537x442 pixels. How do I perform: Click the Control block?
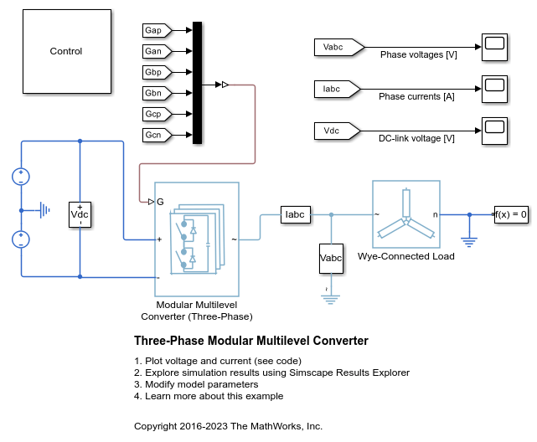tap(66, 51)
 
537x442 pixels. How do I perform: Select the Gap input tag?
tap(156, 30)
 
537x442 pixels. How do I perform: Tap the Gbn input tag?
tap(156, 93)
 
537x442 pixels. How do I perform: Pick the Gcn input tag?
tap(156, 135)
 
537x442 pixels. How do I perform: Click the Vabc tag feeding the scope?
tap(336, 47)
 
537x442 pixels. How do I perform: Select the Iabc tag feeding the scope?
tap(336, 88)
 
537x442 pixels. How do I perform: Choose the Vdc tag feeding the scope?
tap(336, 130)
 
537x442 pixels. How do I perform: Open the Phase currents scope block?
tap(493, 87)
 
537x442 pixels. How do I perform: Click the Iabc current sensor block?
tap(297, 214)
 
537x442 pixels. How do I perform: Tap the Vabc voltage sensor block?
tap(332, 259)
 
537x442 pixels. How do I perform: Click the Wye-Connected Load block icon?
tap(405, 214)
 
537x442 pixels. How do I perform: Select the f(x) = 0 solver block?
tap(511, 214)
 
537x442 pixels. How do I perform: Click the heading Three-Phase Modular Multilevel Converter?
tap(250, 341)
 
